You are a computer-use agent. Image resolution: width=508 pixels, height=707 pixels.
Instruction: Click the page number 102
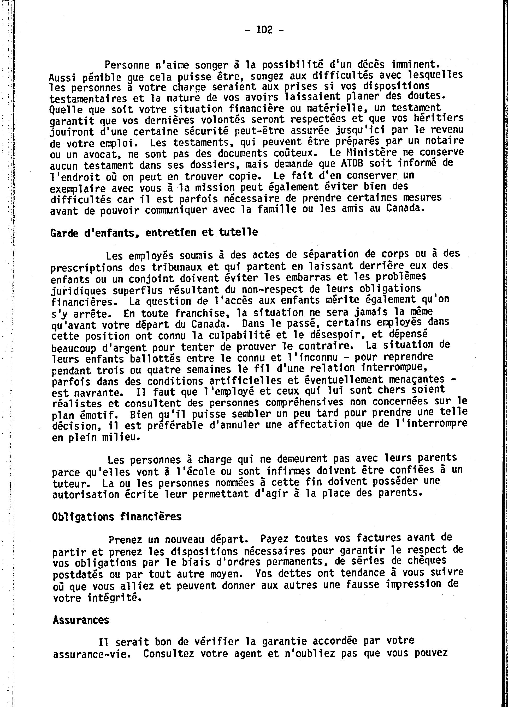tap(264, 30)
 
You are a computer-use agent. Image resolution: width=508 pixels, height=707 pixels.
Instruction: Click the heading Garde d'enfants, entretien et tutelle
tap(154, 232)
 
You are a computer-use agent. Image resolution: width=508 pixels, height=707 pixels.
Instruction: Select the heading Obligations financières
tap(117, 517)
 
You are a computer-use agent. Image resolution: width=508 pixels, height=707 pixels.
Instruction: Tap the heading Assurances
tap(81, 620)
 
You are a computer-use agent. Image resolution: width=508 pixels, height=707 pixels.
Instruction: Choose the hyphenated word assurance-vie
tap(91, 654)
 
